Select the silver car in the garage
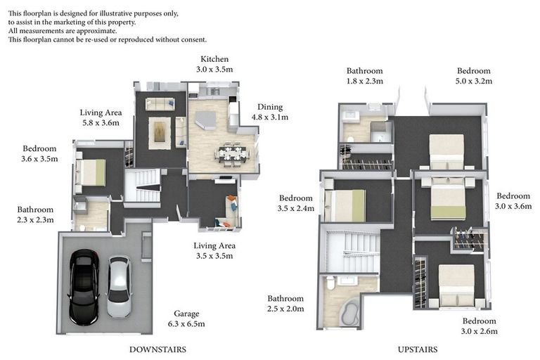(119, 287)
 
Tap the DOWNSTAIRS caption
(157, 349)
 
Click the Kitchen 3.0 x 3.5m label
(214, 64)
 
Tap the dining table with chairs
(230, 153)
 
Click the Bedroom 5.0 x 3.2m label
(473, 76)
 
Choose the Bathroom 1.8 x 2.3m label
(364, 76)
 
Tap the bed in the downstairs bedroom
(91, 172)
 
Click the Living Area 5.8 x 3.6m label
(101, 117)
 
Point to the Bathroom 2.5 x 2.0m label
(285, 304)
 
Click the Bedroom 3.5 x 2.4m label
(295, 203)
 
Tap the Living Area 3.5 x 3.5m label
(214, 251)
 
